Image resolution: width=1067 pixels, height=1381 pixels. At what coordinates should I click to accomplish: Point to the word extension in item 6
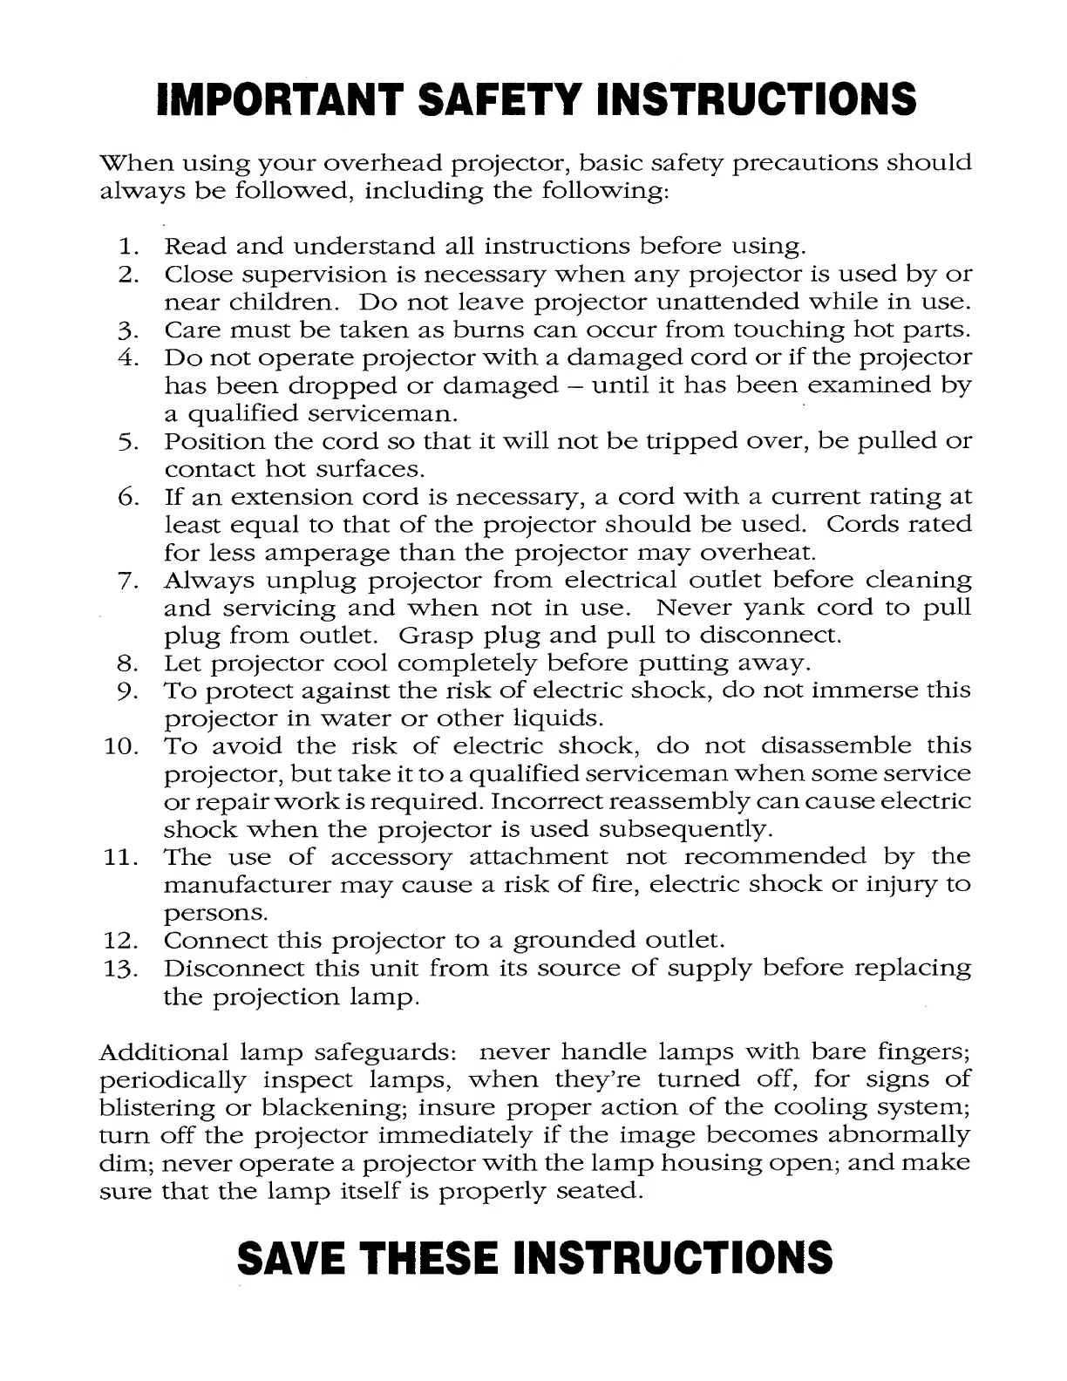point(288,498)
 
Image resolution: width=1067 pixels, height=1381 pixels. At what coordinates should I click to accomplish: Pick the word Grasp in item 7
point(434,636)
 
